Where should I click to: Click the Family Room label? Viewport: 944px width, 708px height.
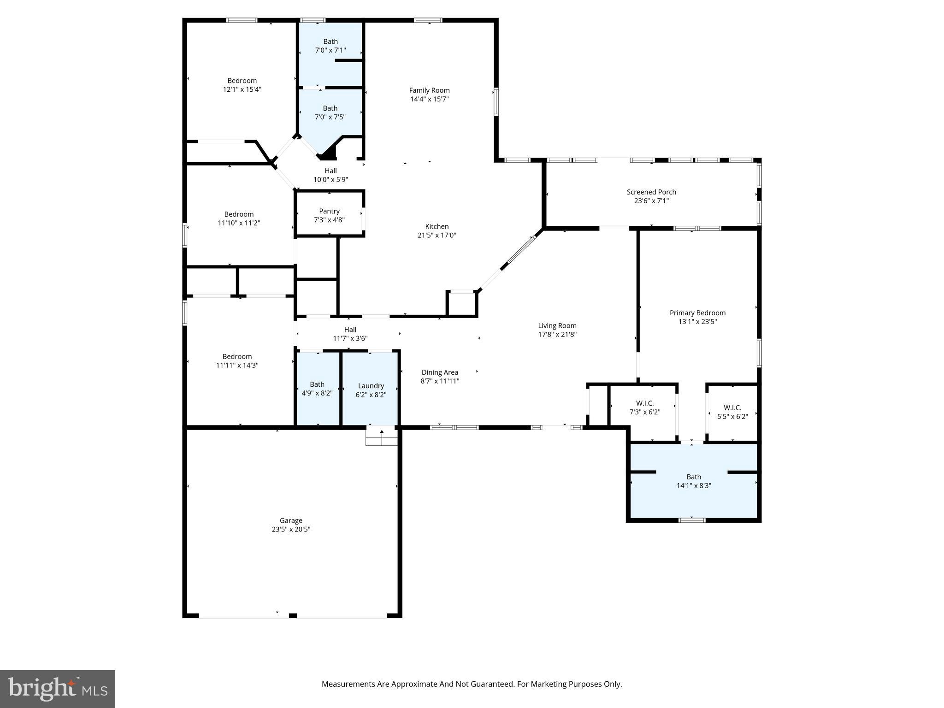tap(429, 90)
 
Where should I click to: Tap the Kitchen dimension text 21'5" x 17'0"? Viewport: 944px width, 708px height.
tap(437, 235)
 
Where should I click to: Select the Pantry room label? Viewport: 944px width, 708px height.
tap(329, 211)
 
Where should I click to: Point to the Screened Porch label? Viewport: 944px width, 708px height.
tap(651, 192)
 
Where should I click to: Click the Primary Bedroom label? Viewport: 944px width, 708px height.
tap(697, 313)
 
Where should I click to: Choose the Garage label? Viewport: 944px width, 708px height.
tap(290, 520)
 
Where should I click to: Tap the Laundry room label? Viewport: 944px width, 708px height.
tap(371, 386)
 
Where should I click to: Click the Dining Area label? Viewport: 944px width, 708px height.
tap(439, 372)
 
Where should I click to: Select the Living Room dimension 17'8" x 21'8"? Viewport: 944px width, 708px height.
tap(557, 334)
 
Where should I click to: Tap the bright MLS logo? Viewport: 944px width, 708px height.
tap(57, 689)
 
